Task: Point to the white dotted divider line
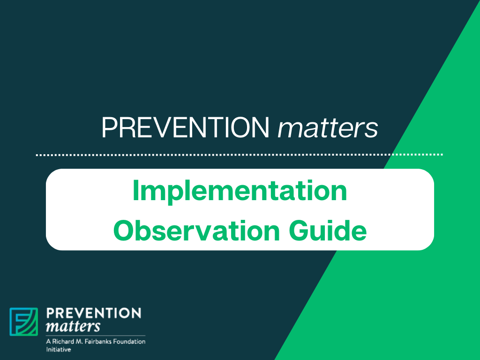pyautogui.click(x=239, y=154)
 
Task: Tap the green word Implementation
pyautogui.click(x=240, y=191)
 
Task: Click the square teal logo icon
pyautogui.click(x=24, y=322)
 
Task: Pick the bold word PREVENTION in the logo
pyautogui.click(x=94, y=313)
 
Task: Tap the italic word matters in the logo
pyautogui.click(x=73, y=325)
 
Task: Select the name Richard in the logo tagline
pyautogui.click(x=62, y=341)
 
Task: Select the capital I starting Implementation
pyautogui.click(x=136, y=191)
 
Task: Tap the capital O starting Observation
pyautogui.click(x=124, y=231)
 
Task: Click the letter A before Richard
pyautogui.click(x=48, y=341)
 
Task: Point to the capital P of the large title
pyautogui.click(x=108, y=127)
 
